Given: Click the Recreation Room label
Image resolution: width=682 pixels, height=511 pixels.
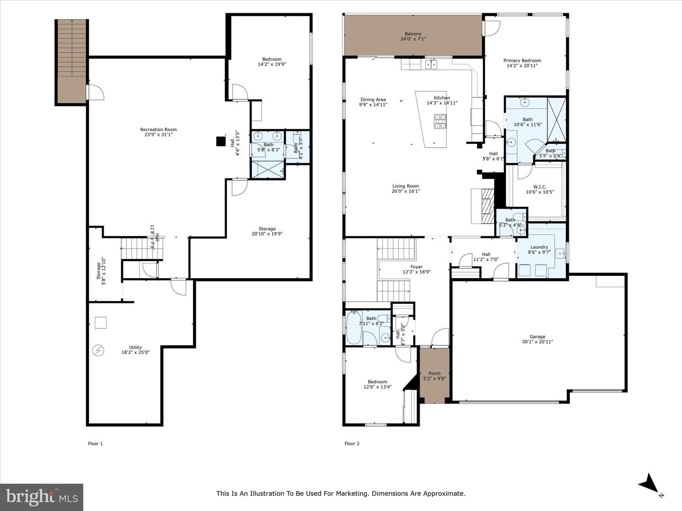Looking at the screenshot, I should [x=158, y=130].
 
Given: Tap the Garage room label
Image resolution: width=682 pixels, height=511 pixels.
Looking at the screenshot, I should [x=537, y=337].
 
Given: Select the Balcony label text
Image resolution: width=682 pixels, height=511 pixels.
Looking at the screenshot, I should [x=413, y=34].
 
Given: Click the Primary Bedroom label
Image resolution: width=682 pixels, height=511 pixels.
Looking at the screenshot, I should [x=522, y=61].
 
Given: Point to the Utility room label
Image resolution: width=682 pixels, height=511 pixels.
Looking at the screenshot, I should [x=135, y=347].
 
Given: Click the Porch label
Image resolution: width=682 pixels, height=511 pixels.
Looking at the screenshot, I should [x=434, y=373].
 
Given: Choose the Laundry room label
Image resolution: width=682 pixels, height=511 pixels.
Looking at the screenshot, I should [x=539, y=247].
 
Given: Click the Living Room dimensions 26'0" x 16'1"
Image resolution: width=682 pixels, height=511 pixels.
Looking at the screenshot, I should [x=405, y=191].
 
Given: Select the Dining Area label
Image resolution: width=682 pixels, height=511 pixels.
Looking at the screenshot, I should [x=373, y=99].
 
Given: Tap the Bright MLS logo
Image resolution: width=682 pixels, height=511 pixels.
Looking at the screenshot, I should [x=42, y=497].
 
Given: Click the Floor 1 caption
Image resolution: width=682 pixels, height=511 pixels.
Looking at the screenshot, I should [x=95, y=443].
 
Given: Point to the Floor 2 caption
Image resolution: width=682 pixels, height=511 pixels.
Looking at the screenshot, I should [x=352, y=443].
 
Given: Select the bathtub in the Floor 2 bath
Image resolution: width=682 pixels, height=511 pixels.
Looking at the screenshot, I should [x=353, y=328].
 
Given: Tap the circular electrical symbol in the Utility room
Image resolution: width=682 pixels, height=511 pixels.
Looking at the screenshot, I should [x=99, y=350].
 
